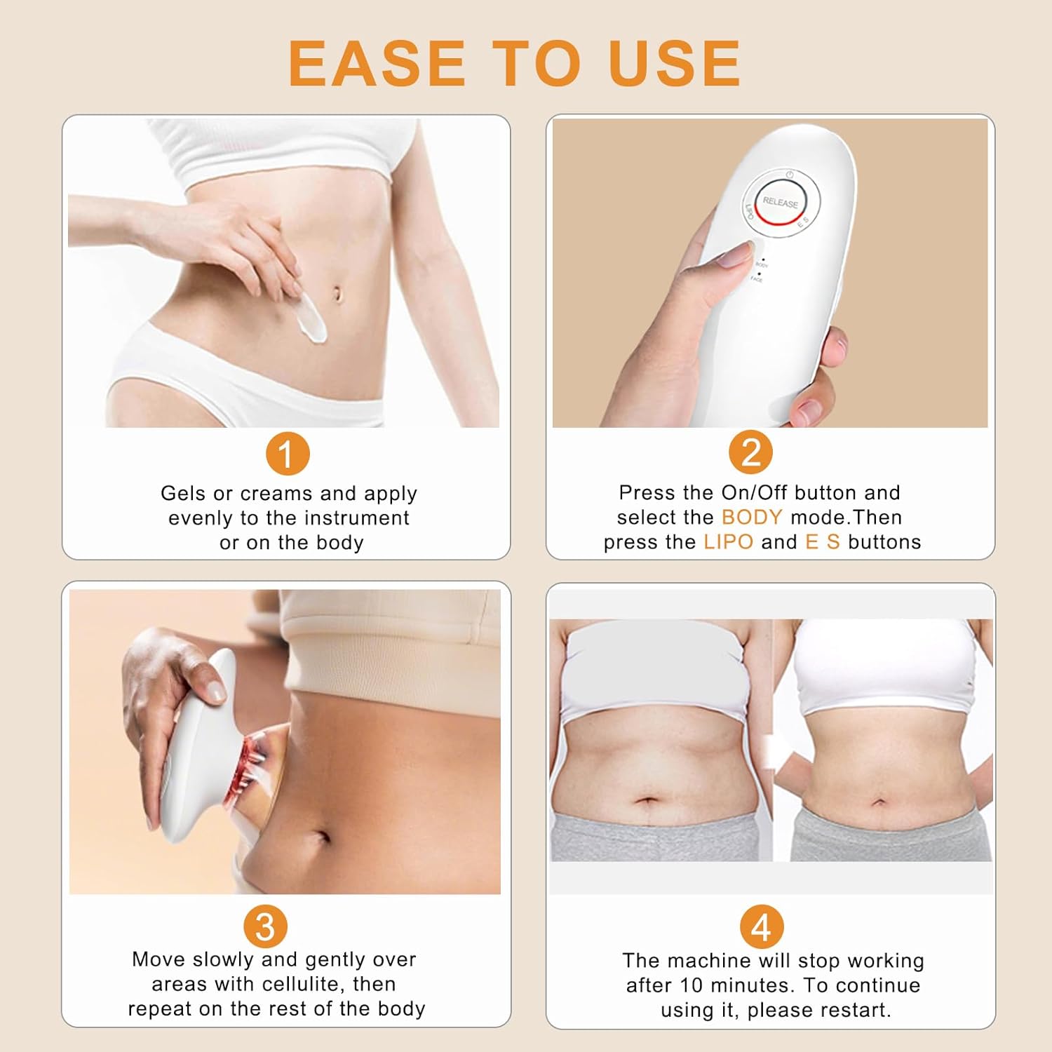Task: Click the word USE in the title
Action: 674,63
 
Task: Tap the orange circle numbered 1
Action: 288,454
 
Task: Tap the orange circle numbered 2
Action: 750,452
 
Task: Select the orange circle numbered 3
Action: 266,926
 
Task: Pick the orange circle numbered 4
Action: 762,927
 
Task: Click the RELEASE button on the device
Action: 781,202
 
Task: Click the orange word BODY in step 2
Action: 751,517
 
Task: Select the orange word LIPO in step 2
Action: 728,542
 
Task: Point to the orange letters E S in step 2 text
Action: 822,542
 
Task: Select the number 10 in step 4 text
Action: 691,985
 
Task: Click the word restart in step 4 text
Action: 860,1010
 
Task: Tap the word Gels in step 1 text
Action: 183,493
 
